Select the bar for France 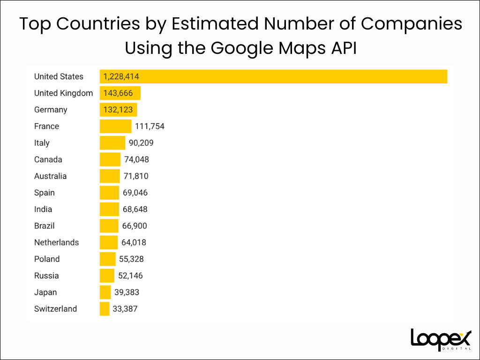pos(116,126)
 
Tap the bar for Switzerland pos(105,309)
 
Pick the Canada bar pos(110,159)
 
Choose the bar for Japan pos(105,292)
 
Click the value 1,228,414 pos(121,76)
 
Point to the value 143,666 pos(118,93)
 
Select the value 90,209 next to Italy pos(141,143)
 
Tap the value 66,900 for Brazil pos(135,226)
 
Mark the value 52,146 pos(130,276)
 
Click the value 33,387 pos(125,309)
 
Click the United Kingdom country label pos(63,93)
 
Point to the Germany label pos(51,110)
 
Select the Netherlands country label pos(56,242)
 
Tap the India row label pos(43,209)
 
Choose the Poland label pos(47,259)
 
